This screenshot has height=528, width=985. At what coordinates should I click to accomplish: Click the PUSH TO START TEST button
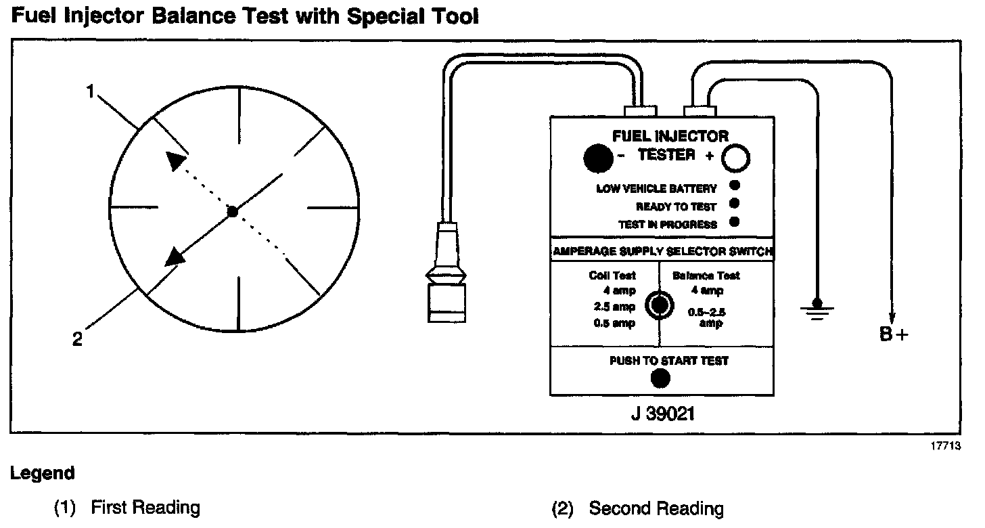(x=660, y=379)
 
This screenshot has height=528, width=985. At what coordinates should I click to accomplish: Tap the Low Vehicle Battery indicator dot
(x=734, y=185)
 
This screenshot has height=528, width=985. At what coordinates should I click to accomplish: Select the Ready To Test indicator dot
(x=734, y=203)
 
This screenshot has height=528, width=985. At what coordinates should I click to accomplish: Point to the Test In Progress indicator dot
(x=734, y=221)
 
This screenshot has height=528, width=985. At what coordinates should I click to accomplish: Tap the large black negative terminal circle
(x=598, y=158)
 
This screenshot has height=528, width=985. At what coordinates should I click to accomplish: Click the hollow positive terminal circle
(x=735, y=159)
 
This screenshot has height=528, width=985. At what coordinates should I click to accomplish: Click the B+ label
(x=894, y=335)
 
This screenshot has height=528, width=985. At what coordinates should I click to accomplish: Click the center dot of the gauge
(x=232, y=212)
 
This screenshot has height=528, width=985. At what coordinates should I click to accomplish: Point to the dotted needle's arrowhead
(x=175, y=160)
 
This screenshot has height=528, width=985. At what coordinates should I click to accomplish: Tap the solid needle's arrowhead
(x=175, y=257)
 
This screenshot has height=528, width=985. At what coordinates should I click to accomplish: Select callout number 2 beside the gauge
(x=78, y=339)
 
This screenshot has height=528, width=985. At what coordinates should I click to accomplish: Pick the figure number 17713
(x=946, y=446)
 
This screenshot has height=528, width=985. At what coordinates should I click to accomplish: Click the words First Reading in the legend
(x=145, y=508)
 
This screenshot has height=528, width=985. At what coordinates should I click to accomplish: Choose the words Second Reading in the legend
(x=656, y=508)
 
